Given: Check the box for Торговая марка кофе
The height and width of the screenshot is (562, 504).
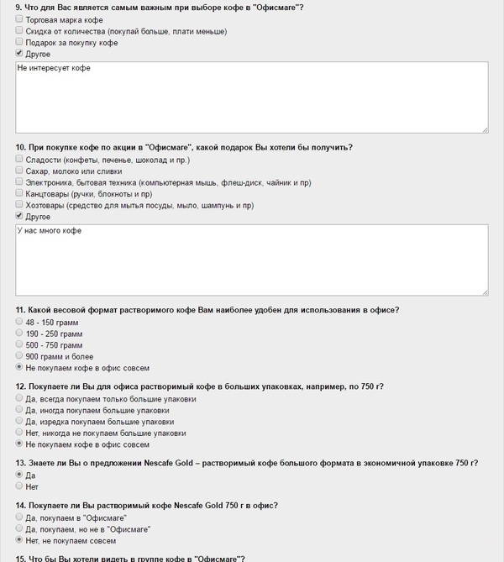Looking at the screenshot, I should pos(19,18).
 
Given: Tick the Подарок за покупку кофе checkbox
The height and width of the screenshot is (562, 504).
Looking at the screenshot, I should pos(19,42).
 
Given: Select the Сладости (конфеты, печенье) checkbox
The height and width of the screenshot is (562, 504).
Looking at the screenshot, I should pos(19,159).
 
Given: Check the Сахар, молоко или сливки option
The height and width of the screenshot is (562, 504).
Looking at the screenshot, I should pos(19,171).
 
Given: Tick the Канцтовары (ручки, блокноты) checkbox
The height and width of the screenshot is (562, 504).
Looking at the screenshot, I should pos(19,193).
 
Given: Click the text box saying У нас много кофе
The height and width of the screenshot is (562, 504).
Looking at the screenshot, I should pos(252,260).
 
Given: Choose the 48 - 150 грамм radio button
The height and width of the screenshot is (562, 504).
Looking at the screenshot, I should pos(19,321).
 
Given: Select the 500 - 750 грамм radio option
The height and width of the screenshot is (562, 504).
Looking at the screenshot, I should pos(19,344).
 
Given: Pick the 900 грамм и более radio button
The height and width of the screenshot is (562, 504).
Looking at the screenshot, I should pos(19,356).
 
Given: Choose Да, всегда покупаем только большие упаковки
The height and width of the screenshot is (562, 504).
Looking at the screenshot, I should pos(19,398).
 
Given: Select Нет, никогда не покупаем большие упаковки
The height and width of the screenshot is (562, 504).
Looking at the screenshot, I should pos(19,433).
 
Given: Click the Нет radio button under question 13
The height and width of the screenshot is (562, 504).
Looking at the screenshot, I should pos(19,486).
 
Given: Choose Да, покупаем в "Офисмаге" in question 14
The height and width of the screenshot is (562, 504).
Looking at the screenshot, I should pos(19,517).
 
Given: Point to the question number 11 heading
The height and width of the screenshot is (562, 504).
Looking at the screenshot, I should pos(21,309).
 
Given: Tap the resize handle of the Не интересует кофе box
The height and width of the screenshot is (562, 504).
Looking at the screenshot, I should pos(486,129).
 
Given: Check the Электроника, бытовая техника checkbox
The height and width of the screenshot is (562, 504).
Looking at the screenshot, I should pos(19,181).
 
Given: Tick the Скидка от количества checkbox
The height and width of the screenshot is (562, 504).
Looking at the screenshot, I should pos(19,30).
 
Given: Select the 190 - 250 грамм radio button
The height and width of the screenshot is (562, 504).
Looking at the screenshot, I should pos(19,333).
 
